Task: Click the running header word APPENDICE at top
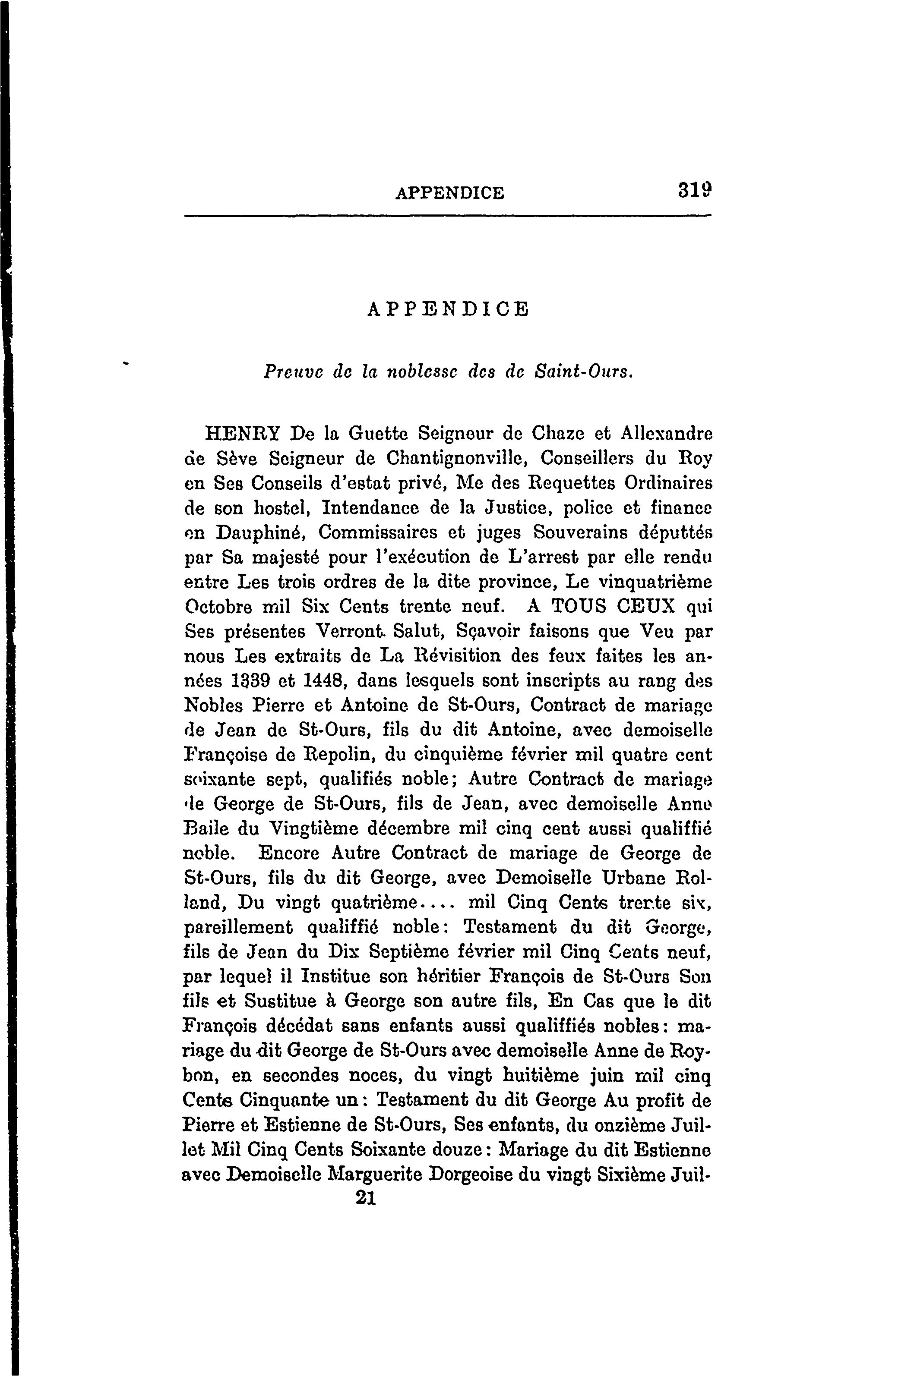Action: coord(449,193)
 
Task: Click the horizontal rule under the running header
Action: coord(448,216)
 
